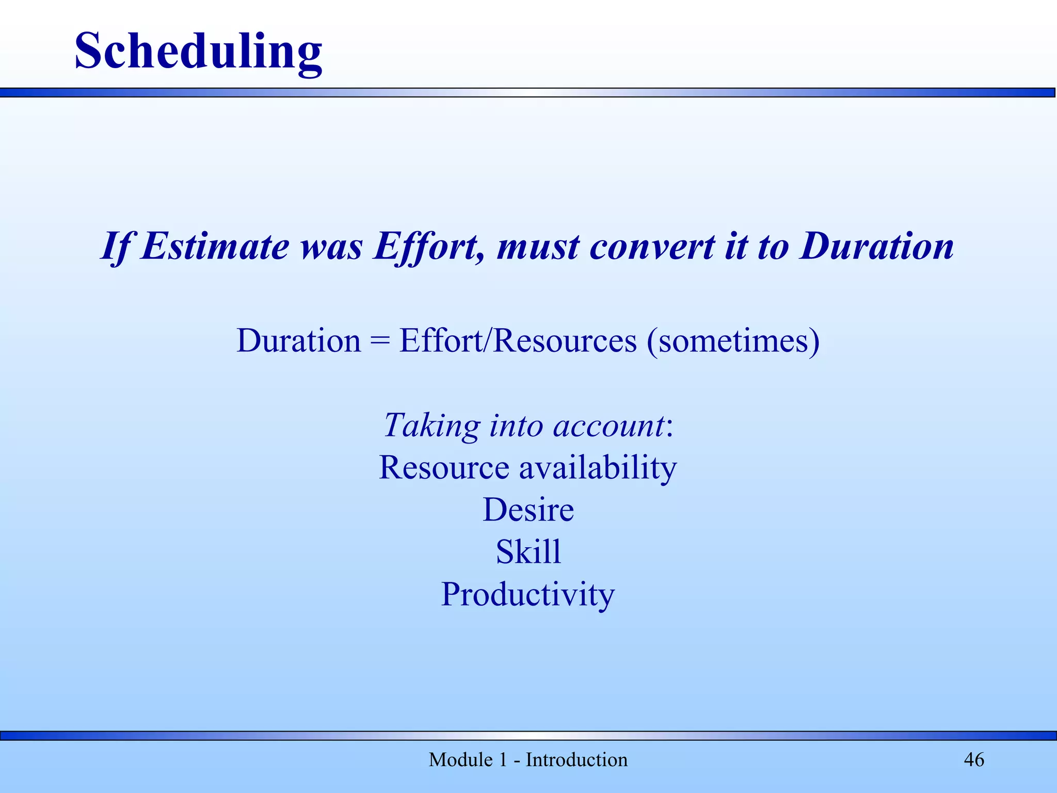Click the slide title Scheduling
pyautogui.click(x=198, y=52)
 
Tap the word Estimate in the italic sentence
pyautogui.click(x=215, y=247)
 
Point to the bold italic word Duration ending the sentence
pyautogui.click(x=877, y=247)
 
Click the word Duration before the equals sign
pyautogui.click(x=299, y=341)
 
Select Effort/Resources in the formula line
pyautogui.click(x=518, y=341)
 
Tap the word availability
pyautogui.click(x=597, y=468)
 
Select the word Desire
pyautogui.click(x=528, y=510)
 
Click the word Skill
pyautogui.click(x=528, y=552)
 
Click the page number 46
pyautogui.click(x=974, y=760)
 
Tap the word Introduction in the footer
pyautogui.click(x=576, y=760)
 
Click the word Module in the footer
pyautogui.click(x=460, y=760)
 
